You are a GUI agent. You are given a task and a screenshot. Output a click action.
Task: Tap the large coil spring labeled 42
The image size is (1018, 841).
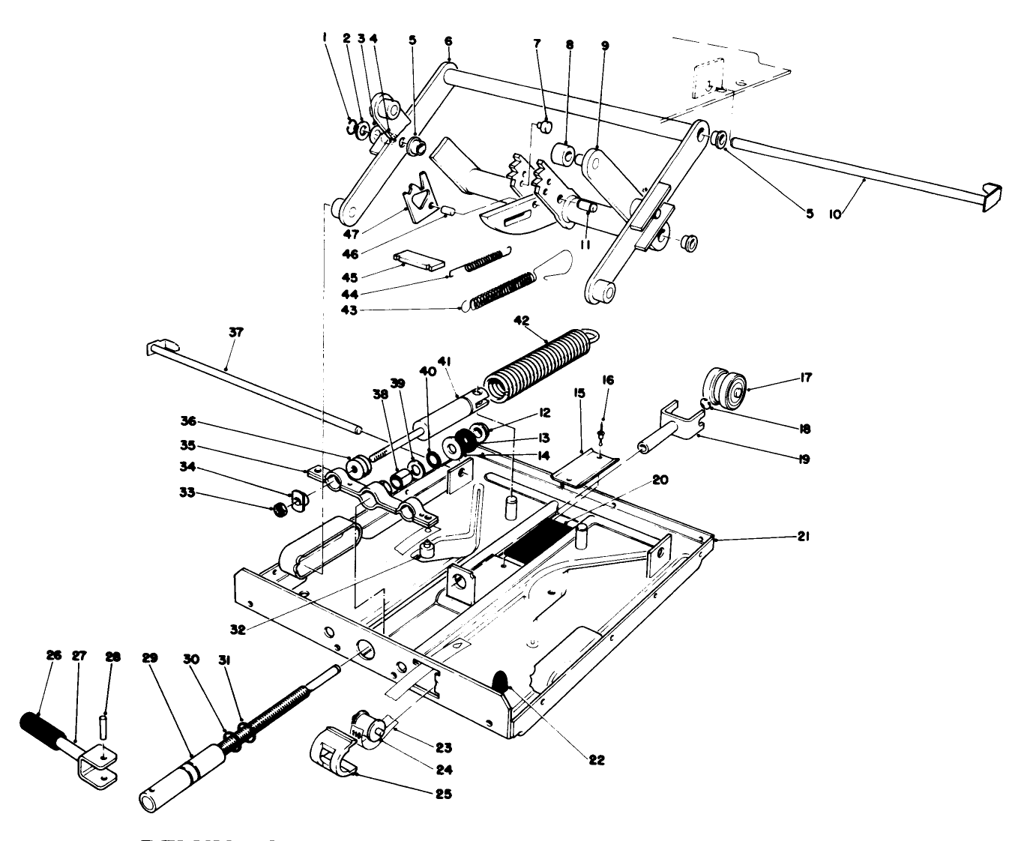pyautogui.click(x=540, y=362)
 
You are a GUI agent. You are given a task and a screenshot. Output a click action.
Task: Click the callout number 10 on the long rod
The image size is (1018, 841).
pyautogui.click(x=835, y=214)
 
